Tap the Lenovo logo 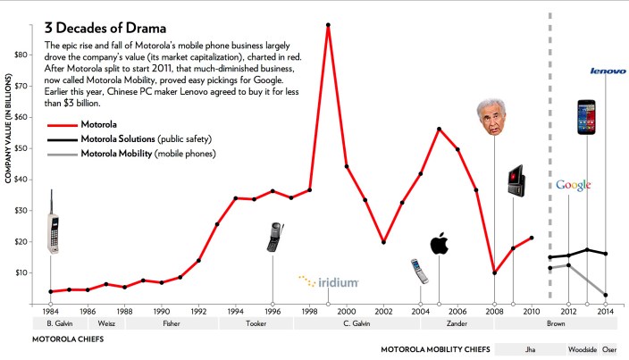607,71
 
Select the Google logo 573,185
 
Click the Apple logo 439,243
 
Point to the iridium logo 329,281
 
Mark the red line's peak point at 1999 328,25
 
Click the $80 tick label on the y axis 20,54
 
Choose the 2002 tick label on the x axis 384,311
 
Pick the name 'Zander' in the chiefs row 457,324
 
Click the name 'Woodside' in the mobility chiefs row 582,348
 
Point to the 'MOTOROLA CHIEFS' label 68,339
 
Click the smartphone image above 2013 586,118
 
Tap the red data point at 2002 383,242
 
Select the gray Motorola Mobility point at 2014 606,295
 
